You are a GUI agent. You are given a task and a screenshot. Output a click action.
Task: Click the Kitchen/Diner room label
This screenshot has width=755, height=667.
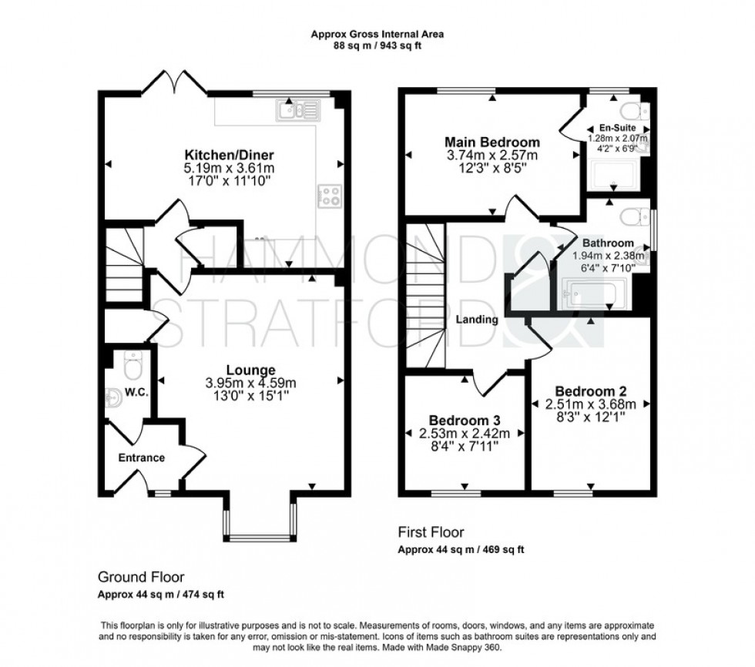coord(223,153)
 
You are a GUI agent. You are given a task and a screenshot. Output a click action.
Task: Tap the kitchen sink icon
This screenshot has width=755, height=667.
coord(296,112)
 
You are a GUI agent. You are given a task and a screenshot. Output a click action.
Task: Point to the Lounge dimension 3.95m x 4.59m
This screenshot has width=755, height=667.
coord(250,383)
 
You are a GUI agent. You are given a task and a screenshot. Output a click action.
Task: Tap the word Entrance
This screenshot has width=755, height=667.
coord(141,458)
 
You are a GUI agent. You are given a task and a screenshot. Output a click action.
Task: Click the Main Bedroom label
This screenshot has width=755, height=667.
coord(492,142)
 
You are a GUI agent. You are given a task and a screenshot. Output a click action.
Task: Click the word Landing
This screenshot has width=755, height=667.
coord(476,319)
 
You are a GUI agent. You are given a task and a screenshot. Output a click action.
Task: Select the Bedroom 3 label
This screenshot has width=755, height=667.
coord(465,421)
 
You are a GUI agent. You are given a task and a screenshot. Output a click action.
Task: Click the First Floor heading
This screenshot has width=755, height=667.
coord(431,532)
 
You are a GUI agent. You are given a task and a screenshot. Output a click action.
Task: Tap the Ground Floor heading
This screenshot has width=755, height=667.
coord(141,577)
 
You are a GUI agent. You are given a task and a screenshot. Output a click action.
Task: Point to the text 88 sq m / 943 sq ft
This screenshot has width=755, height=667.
coord(377,46)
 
